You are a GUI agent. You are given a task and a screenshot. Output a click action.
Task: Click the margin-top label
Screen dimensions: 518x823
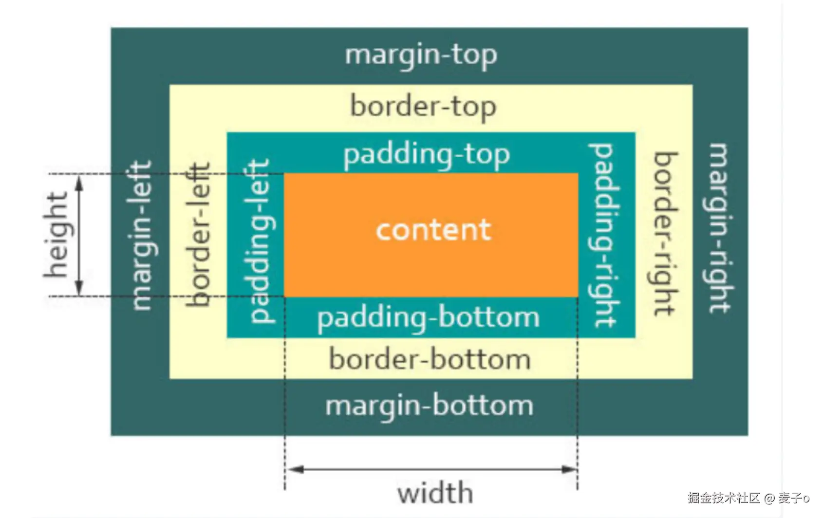click(x=421, y=55)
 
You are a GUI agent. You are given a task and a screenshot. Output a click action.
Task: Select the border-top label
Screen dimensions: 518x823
click(x=423, y=107)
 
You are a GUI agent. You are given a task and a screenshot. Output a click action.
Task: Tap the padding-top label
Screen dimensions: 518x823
click(x=427, y=155)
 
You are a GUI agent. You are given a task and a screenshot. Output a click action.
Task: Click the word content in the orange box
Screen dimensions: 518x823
click(x=433, y=230)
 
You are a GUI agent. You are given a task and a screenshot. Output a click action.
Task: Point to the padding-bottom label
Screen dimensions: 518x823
click(x=429, y=318)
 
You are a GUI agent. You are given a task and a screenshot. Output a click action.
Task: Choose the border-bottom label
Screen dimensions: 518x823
click(x=430, y=360)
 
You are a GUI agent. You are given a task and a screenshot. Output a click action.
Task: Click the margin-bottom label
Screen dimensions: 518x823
click(x=429, y=406)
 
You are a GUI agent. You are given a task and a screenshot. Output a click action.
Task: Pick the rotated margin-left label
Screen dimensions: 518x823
click(x=142, y=235)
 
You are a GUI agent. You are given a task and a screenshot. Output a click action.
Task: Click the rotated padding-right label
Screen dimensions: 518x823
click(x=604, y=235)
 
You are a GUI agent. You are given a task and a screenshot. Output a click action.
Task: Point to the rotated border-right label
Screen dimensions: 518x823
click(x=665, y=234)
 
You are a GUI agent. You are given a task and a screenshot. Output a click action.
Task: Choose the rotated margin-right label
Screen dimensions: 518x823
click(x=720, y=228)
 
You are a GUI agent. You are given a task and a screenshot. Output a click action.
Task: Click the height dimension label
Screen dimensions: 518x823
click(x=56, y=235)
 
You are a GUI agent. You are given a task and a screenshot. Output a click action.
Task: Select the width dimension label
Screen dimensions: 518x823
click(x=435, y=493)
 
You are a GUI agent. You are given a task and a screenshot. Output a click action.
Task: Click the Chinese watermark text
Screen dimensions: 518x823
click(x=748, y=498)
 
